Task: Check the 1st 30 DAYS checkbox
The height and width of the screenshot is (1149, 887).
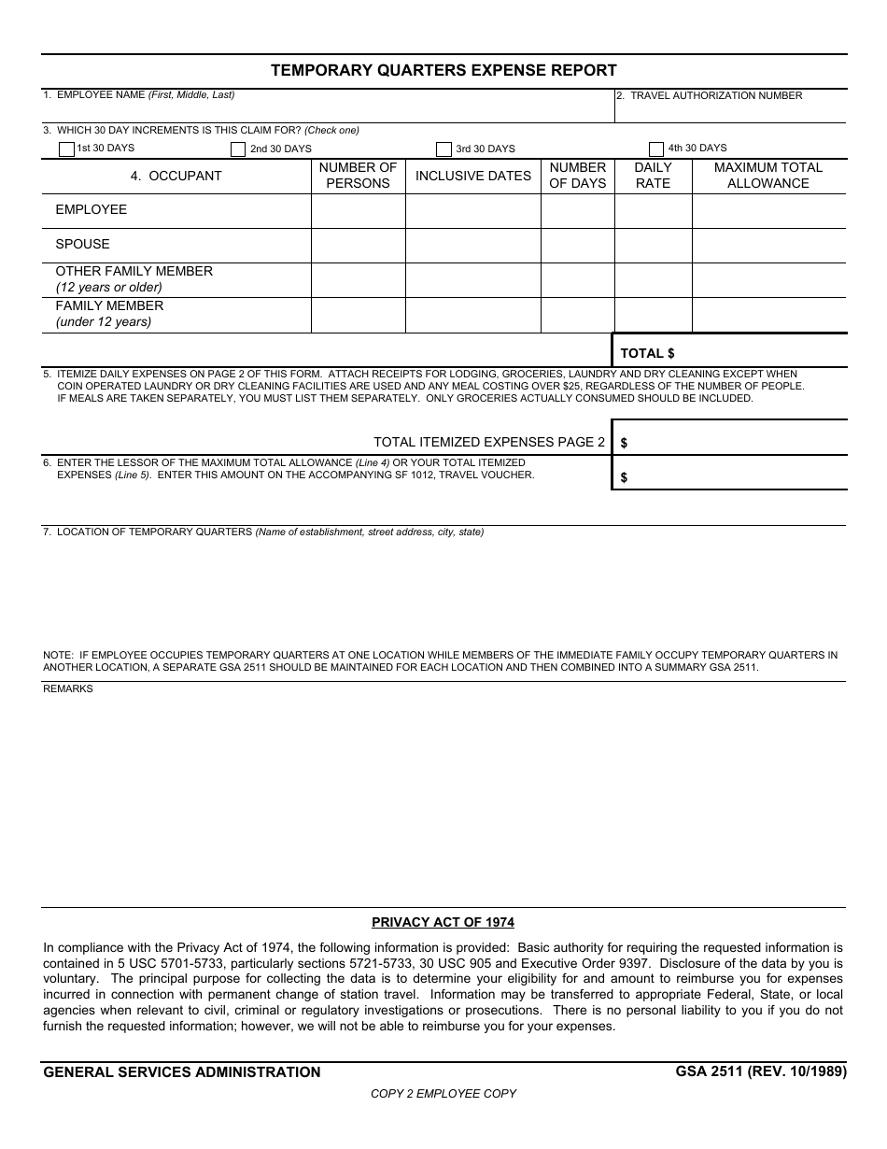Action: (66, 149)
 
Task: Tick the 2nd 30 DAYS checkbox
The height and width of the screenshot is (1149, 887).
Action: (238, 149)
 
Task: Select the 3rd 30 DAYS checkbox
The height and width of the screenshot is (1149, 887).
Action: (443, 149)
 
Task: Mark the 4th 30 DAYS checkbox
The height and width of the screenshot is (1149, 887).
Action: (655, 149)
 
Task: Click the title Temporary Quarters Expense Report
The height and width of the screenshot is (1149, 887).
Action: (443, 70)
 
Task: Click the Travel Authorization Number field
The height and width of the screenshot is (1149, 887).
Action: (730, 110)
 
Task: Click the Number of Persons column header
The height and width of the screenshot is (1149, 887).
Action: (358, 176)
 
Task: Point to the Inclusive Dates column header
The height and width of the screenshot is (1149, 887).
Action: (472, 176)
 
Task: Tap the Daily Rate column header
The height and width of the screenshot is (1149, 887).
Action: (653, 176)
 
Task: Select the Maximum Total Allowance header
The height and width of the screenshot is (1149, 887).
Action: (768, 176)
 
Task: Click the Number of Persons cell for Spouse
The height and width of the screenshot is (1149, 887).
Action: (358, 246)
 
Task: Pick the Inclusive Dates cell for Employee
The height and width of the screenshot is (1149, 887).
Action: (472, 211)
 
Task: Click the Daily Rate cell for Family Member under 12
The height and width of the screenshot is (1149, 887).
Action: (653, 315)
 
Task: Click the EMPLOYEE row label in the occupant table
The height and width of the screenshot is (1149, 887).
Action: (92, 210)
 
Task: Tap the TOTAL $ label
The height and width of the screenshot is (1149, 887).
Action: (647, 353)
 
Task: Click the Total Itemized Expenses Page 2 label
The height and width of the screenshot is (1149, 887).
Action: (489, 442)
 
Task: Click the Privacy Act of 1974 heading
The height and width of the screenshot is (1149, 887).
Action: (443, 922)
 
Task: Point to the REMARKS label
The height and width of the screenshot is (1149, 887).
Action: (68, 688)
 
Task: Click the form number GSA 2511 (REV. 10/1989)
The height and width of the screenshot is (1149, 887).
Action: (761, 1071)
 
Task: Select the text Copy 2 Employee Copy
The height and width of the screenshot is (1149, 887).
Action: (443, 1093)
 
